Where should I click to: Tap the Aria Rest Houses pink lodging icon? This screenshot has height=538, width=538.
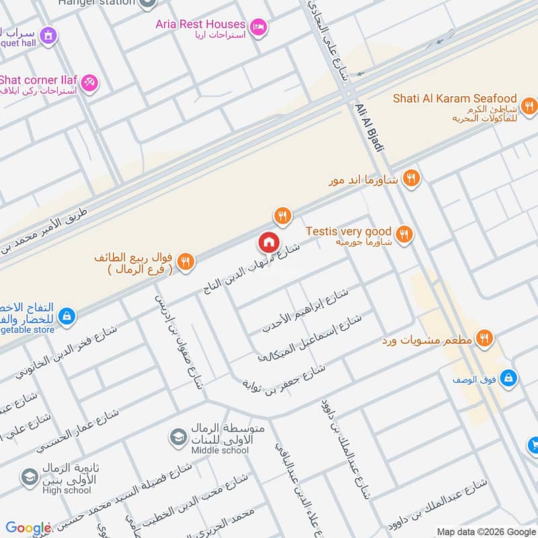tap(258, 28)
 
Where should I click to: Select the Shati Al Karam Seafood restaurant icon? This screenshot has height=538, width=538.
tap(529, 105)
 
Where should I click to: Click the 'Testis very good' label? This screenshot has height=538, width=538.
tap(348, 231)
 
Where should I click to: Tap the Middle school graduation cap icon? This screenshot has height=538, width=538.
tap(178, 438)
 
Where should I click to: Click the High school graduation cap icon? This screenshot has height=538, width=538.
tap(30, 477)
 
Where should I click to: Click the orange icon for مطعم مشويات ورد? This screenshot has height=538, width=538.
tap(483, 338)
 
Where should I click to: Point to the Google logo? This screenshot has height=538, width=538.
tap(28, 528)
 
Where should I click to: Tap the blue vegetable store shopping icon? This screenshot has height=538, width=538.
tap(66, 315)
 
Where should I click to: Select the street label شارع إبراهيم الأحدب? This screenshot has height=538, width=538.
tap(305, 311)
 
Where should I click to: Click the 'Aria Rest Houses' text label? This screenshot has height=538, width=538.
tap(200, 24)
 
